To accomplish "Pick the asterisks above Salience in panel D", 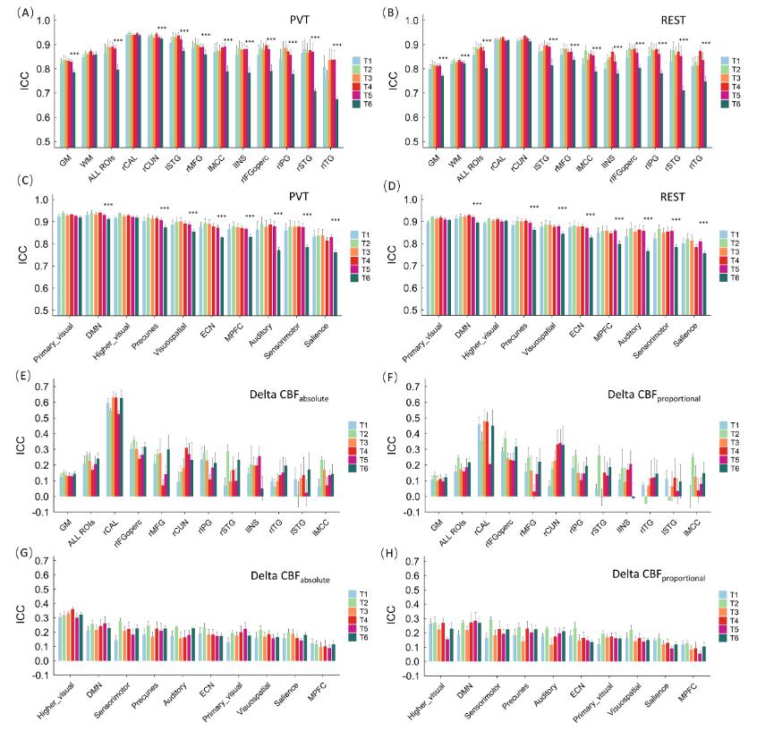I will [703, 223].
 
